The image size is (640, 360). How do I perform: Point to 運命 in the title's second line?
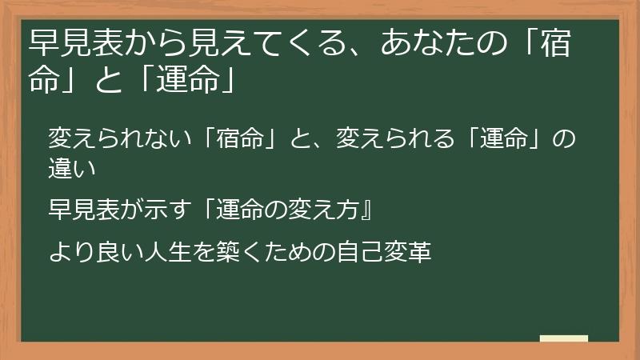[183, 81]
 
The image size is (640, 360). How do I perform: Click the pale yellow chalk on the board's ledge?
[565, 338]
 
